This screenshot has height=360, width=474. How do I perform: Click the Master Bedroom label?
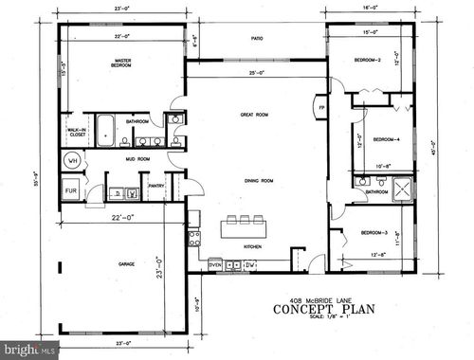(121, 65)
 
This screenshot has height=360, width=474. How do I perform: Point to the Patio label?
(256, 39)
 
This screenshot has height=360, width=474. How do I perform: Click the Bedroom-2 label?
(368, 59)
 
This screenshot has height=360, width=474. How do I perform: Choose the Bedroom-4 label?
(385, 139)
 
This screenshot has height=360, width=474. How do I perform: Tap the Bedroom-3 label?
(373, 232)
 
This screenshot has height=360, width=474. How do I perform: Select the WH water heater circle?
(71, 162)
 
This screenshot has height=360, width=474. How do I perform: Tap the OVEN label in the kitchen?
(215, 263)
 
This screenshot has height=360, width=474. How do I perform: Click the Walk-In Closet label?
(78, 134)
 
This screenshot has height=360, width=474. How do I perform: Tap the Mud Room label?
(138, 160)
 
